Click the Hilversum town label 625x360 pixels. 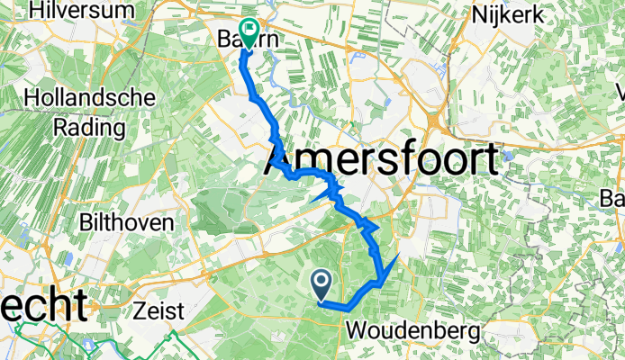(x=81, y=11)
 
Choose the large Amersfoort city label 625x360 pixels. (x=381, y=163)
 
